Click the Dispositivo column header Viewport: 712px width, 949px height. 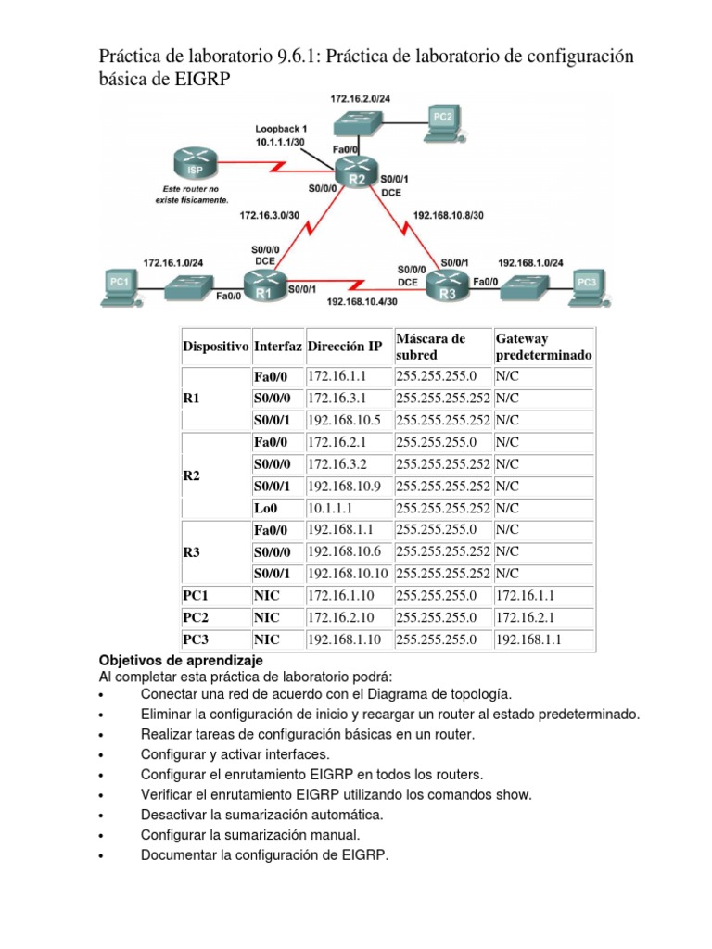pyautogui.click(x=215, y=347)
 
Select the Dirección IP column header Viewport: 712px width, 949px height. pyautogui.click(x=344, y=347)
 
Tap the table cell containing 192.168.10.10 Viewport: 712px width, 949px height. pyautogui.click(x=348, y=574)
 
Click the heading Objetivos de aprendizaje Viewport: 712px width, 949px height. pyautogui.click(x=182, y=660)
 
